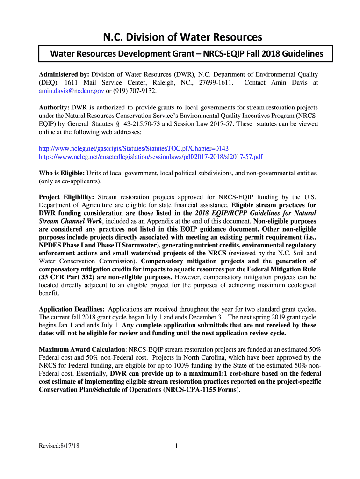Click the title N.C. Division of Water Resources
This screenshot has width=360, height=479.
(x=180, y=36)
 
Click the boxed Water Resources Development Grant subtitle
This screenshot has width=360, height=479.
(x=187, y=54)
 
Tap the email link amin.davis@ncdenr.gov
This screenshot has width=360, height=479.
(x=71, y=90)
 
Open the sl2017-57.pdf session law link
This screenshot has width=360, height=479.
(x=151, y=157)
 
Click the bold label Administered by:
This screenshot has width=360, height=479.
(x=64, y=74)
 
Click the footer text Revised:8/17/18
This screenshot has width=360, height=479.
(x=59, y=446)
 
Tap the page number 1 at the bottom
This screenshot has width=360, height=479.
(x=176, y=446)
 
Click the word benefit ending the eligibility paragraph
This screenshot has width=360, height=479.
(x=49, y=293)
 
